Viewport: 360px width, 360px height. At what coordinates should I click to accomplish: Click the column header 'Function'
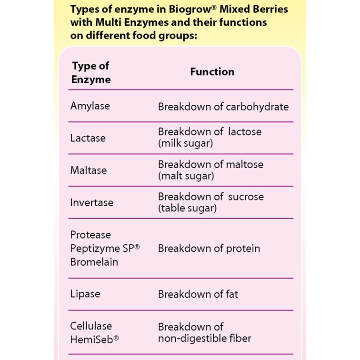(x=212, y=71)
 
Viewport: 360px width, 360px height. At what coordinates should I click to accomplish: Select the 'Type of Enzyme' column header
(x=91, y=72)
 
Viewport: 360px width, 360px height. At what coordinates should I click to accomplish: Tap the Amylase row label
(x=90, y=106)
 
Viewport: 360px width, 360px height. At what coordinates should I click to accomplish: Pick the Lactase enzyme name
(x=88, y=138)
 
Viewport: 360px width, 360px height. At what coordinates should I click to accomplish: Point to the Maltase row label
(x=89, y=170)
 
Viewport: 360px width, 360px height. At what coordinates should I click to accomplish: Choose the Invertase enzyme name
(x=92, y=202)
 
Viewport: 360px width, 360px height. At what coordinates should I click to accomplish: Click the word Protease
(x=90, y=235)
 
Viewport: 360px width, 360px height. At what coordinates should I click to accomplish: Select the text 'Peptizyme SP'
(x=102, y=249)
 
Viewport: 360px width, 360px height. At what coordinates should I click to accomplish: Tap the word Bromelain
(x=94, y=262)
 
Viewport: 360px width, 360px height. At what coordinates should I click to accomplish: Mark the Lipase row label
(x=85, y=294)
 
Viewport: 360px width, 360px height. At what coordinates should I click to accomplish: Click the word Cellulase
(x=91, y=326)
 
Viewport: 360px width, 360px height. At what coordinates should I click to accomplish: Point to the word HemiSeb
(x=91, y=340)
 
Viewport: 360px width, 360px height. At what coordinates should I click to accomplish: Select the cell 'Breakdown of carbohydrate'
(x=223, y=107)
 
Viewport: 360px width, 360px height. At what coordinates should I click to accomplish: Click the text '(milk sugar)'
(x=186, y=143)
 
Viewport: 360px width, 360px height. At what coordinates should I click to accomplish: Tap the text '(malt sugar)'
(x=186, y=176)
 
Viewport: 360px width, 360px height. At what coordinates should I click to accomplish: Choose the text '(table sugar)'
(x=187, y=208)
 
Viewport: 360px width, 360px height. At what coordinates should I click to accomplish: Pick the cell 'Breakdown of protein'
(x=209, y=249)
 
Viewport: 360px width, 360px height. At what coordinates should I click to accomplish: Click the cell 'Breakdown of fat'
(x=198, y=294)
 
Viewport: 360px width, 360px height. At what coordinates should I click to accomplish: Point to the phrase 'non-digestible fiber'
(x=205, y=339)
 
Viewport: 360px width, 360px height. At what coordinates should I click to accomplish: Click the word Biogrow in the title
(x=190, y=10)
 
